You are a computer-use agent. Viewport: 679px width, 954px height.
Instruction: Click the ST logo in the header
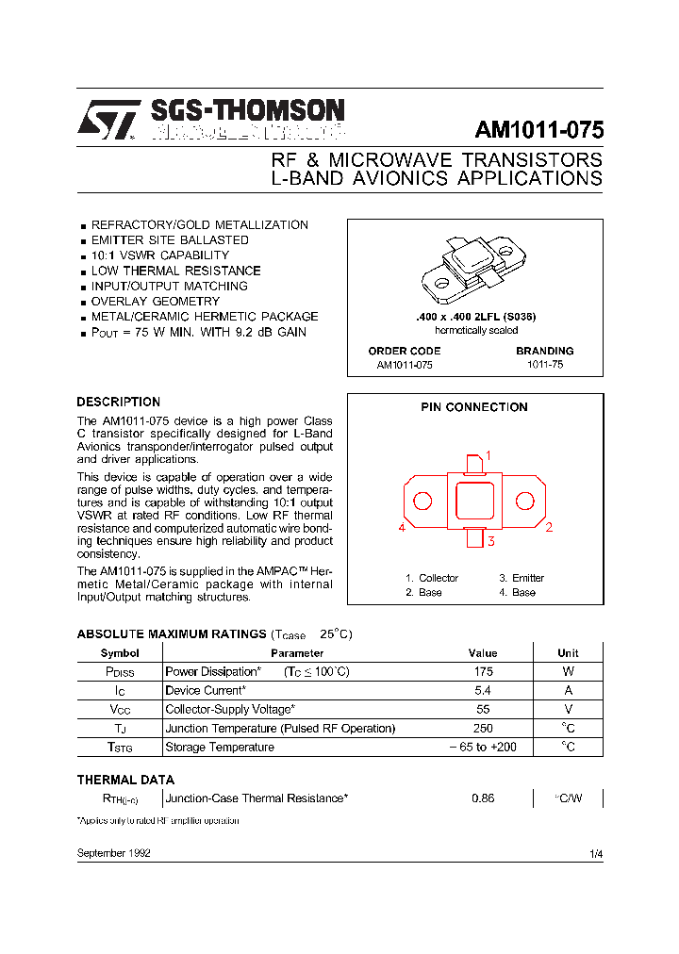108,121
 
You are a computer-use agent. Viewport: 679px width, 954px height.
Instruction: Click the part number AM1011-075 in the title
539,130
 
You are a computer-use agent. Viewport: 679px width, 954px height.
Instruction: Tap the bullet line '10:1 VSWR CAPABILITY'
159,255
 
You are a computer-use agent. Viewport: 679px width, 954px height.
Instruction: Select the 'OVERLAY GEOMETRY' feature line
155,302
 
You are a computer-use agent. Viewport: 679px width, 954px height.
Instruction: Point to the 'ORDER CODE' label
404,351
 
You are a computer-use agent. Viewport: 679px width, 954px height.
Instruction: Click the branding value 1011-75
545,364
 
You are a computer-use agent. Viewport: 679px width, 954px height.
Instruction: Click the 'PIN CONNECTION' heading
474,407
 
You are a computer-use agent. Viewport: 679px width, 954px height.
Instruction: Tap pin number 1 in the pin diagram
489,455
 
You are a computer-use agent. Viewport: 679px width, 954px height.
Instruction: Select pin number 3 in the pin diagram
490,540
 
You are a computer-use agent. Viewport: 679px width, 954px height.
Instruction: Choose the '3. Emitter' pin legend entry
522,578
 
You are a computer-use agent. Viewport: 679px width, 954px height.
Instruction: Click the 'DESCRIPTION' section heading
118,402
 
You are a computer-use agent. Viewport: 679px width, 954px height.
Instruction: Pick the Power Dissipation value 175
482,672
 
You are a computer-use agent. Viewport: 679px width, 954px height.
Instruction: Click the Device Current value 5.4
482,691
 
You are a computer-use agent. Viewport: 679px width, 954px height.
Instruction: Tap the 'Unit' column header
568,653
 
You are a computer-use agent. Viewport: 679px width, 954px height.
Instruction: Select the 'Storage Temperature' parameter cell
220,748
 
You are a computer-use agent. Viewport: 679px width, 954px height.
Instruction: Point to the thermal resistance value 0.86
482,798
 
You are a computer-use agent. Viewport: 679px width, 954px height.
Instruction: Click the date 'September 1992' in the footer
113,853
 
